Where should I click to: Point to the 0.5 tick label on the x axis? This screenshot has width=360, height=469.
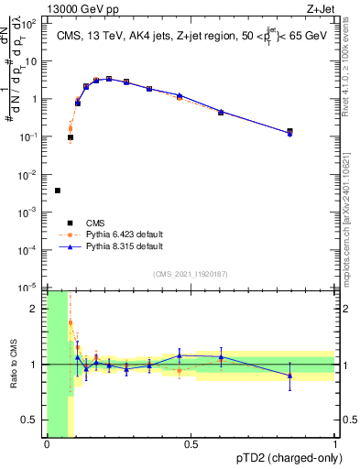(x=191, y=445)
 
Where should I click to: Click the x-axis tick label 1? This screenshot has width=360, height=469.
(x=335, y=445)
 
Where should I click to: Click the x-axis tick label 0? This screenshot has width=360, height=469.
(x=47, y=445)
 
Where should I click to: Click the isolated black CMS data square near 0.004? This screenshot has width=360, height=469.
(x=58, y=191)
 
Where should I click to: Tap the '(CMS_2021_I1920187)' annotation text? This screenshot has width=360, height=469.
(x=192, y=274)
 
